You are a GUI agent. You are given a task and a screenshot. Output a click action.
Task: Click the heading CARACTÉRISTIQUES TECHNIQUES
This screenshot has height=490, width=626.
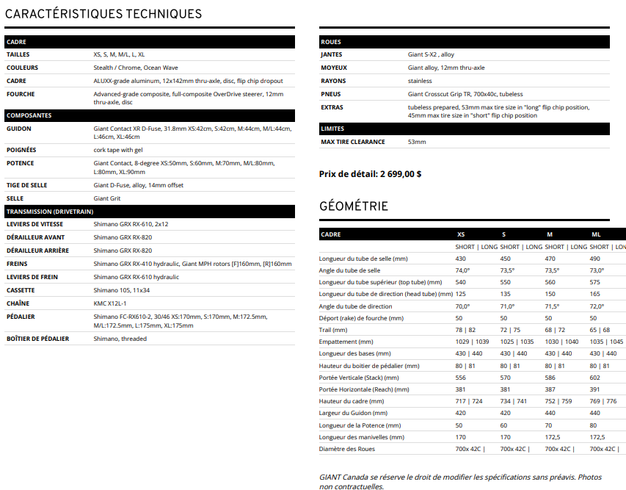click(x=103, y=14)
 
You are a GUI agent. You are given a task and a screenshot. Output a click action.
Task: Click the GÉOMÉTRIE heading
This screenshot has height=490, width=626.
click(x=354, y=206)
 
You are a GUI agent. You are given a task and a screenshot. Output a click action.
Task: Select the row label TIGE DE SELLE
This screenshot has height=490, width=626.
click(x=27, y=185)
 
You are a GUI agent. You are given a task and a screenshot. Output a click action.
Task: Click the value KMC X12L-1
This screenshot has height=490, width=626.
click(x=110, y=303)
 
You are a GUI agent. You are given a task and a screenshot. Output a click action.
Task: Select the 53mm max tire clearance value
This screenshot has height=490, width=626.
click(x=417, y=142)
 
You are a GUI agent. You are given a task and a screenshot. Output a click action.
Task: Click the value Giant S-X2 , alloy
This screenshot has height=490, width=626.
click(x=431, y=54)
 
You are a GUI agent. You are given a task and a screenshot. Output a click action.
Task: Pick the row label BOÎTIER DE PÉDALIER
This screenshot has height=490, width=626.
click(x=38, y=339)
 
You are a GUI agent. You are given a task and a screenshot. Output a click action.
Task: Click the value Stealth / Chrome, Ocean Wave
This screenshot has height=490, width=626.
click(x=136, y=68)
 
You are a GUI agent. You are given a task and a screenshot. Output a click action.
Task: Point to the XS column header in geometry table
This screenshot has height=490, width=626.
click(x=461, y=234)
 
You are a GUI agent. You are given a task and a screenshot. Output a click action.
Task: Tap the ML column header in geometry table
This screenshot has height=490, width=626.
click(x=596, y=234)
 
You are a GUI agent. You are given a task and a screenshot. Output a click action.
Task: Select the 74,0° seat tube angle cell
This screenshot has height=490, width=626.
click(x=462, y=270)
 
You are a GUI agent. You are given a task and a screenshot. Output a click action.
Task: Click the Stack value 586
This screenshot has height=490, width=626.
click(x=550, y=377)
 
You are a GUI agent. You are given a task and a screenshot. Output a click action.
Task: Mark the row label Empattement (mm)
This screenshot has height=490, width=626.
click(x=346, y=342)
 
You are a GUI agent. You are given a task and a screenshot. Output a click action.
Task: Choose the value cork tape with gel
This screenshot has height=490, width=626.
click(x=118, y=149)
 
